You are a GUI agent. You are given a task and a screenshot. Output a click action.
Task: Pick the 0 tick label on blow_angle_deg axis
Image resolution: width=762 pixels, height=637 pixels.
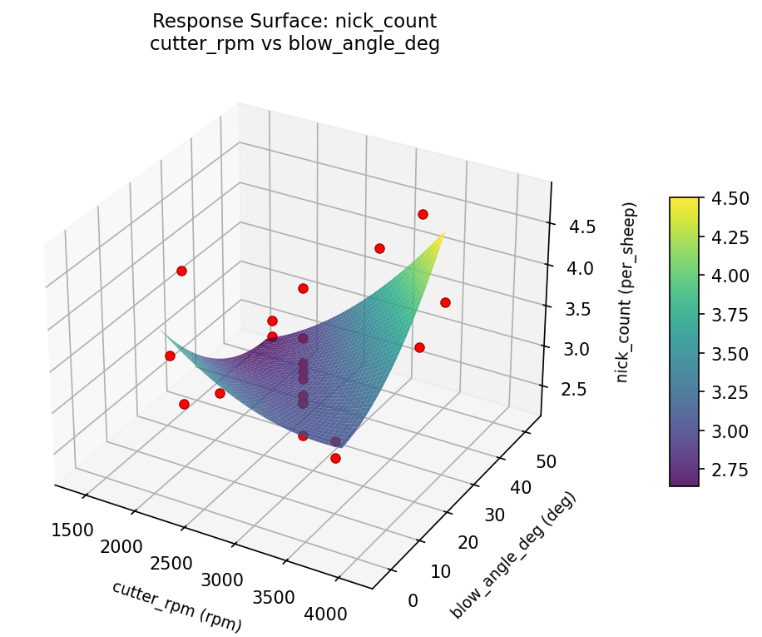point(413,600)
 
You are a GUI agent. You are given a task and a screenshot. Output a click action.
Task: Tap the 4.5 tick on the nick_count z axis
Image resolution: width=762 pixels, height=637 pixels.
point(571,226)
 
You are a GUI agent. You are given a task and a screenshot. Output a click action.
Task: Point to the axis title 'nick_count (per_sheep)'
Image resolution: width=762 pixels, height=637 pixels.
point(630,291)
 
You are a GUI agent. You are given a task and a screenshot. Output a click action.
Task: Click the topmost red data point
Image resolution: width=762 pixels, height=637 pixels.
point(423,215)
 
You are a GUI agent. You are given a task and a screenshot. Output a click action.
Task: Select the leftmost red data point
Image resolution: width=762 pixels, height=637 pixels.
point(170,356)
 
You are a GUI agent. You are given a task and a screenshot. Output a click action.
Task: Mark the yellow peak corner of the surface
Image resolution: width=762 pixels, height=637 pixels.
point(443,232)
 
